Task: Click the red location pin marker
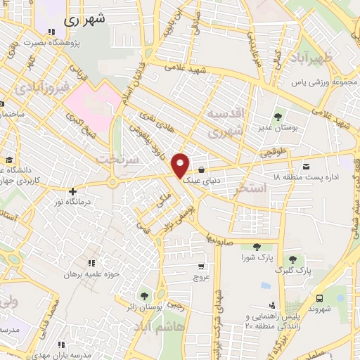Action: coord(181,165)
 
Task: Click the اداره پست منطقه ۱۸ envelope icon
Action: coord(307,165)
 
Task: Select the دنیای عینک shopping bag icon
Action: coord(202,169)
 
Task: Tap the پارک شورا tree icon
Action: coord(255,246)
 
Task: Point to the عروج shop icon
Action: coord(202,266)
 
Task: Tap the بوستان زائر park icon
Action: coord(144,296)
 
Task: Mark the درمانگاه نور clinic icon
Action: coord(70,191)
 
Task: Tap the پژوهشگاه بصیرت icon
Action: coord(51,32)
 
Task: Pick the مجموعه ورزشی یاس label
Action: coord(320,82)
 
